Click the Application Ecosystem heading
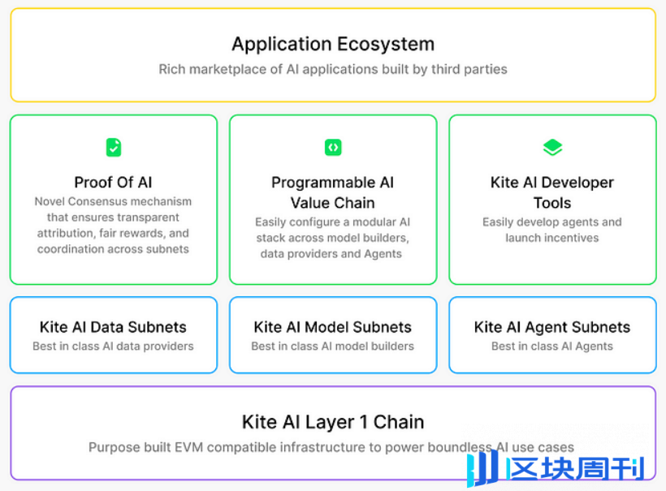[333, 44]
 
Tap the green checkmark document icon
[114, 147]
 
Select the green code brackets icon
[333, 147]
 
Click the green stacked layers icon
[552, 147]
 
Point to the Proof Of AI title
[113, 183]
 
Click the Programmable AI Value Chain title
[332, 192]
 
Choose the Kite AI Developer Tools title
[552, 192]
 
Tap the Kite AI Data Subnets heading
[113, 327]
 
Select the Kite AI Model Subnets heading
[332, 327]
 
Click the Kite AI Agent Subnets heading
[552, 327]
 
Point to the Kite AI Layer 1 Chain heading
[333, 422]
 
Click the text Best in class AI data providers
[113, 346]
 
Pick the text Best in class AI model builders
[332, 346]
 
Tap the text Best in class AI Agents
[552, 346]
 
